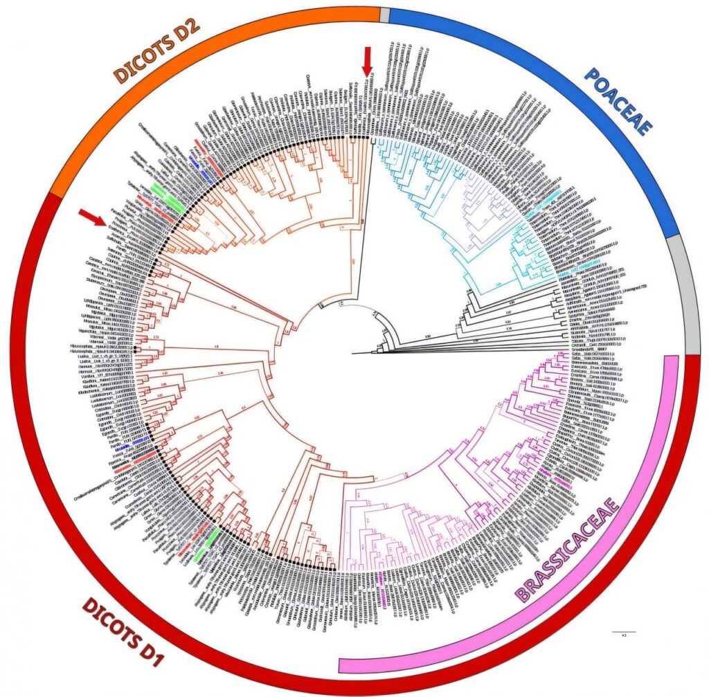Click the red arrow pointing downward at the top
click(x=367, y=60)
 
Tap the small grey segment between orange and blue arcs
click(x=385, y=15)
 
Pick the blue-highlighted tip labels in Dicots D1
click(x=136, y=442)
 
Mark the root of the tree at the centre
click(x=353, y=353)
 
